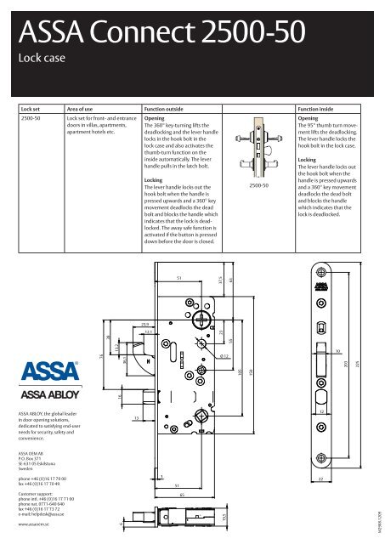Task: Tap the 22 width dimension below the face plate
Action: (320, 479)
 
